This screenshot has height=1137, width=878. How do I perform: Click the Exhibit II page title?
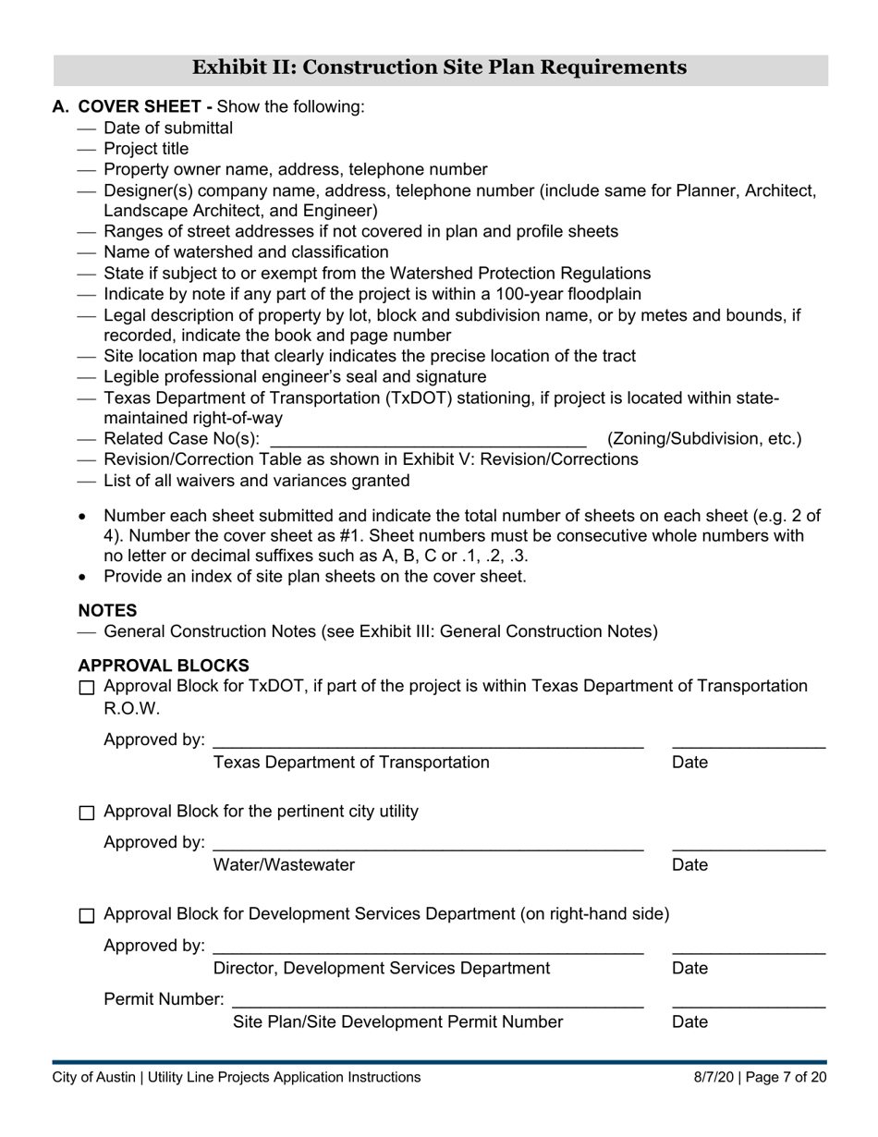(x=439, y=67)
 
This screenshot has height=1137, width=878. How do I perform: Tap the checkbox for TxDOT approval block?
(x=87, y=688)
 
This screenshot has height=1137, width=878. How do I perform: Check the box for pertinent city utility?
(x=87, y=813)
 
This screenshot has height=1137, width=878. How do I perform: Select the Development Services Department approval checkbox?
(x=87, y=916)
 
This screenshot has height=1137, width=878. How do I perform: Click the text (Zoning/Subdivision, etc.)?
(x=704, y=439)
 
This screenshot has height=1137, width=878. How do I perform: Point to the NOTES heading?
(x=107, y=611)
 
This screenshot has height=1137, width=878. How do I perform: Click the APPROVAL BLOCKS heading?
(x=163, y=666)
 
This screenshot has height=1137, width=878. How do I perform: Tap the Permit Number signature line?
(x=437, y=1004)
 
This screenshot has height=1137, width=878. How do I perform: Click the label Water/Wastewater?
(x=284, y=865)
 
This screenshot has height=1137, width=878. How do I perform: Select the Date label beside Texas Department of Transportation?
(x=690, y=763)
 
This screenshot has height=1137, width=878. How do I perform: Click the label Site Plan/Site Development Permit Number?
(x=397, y=1021)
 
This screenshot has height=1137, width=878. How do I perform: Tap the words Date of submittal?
(x=168, y=128)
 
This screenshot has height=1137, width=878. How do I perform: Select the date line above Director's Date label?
(x=748, y=951)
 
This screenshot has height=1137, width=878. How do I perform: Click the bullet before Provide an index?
(x=84, y=577)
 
